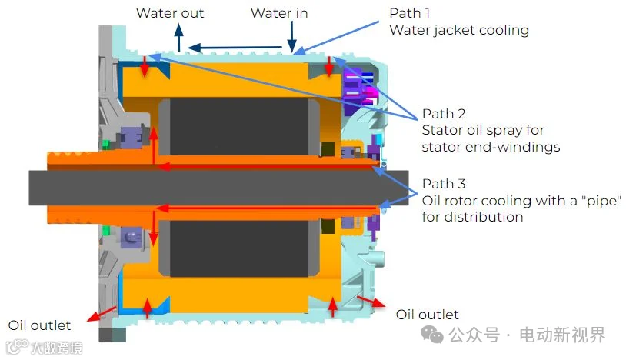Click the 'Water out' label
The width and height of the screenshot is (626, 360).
click(x=170, y=13)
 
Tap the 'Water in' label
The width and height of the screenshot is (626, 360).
click(x=279, y=13)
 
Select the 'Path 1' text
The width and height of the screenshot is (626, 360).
click(x=409, y=13)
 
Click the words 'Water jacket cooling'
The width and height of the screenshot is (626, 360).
click(x=459, y=30)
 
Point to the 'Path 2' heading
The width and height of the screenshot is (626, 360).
click(x=444, y=114)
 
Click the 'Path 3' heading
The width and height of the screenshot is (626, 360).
click(x=444, y=184)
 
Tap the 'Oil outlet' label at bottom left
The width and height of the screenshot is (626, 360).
click(x=39, y=325)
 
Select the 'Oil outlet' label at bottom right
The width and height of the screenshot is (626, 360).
click(x=427, y=315)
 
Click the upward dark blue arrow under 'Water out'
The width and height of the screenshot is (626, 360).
click(x=179, y=37)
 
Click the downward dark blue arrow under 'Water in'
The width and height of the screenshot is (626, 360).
click(x=291, y=37)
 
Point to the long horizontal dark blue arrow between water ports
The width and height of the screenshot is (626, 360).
click(x=235, y=48)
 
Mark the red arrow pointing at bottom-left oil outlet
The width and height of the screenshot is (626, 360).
click(x=102, y=314)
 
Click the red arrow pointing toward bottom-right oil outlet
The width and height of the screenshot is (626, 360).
click(x=371, y=302)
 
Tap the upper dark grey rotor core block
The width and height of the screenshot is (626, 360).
click(x=239, y=127)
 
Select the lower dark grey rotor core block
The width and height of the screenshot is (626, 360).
click(x=239, y=248)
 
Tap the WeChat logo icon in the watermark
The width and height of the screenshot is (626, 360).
click(x=432, y=335)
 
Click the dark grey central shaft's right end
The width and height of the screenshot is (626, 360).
click(x=408, y=188)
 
